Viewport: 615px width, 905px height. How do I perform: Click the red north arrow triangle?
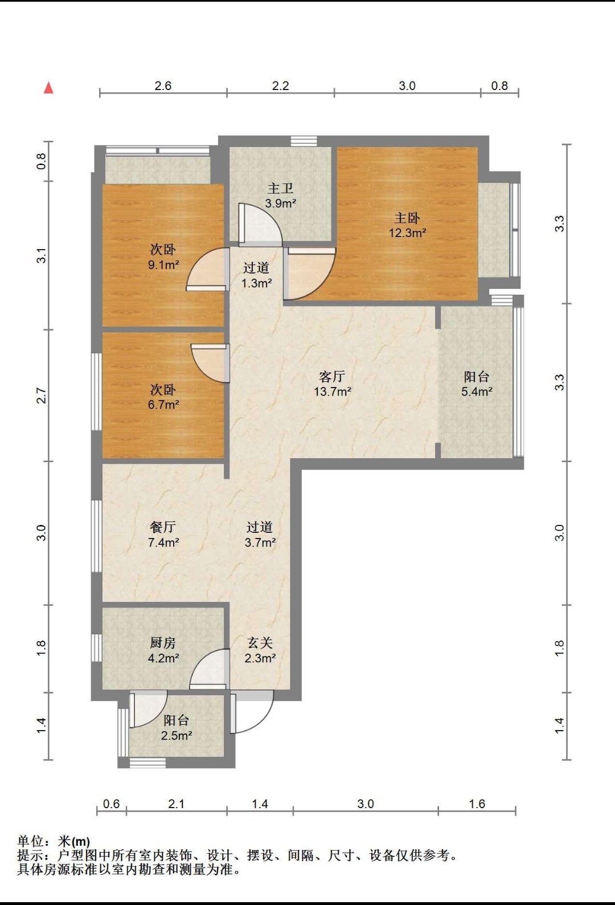(48, 88)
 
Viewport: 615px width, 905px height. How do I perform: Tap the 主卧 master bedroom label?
(407, 218)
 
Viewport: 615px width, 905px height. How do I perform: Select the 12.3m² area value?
(408, 233)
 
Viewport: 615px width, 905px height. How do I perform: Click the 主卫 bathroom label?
(280, 189)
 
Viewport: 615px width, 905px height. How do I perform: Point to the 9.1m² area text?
(163, 265)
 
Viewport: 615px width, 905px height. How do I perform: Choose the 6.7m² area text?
(163, 405)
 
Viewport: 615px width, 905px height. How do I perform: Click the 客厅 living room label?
(332, 377)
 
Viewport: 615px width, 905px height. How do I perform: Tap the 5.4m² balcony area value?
(477, 392)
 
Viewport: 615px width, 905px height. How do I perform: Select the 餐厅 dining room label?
(163, 527)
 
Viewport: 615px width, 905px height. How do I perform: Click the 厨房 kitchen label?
(163, 643)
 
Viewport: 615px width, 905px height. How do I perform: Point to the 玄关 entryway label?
(260, 643)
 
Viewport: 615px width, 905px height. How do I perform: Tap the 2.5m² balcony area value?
(177, 736)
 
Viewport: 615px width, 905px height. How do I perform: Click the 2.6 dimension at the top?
(163, 85)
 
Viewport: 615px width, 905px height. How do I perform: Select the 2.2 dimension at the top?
(280, 85)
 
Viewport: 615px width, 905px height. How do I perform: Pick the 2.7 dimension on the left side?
(42, 396)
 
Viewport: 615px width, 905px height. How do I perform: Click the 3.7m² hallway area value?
(260, 543)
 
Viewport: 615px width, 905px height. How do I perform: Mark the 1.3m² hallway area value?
(256, 283)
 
